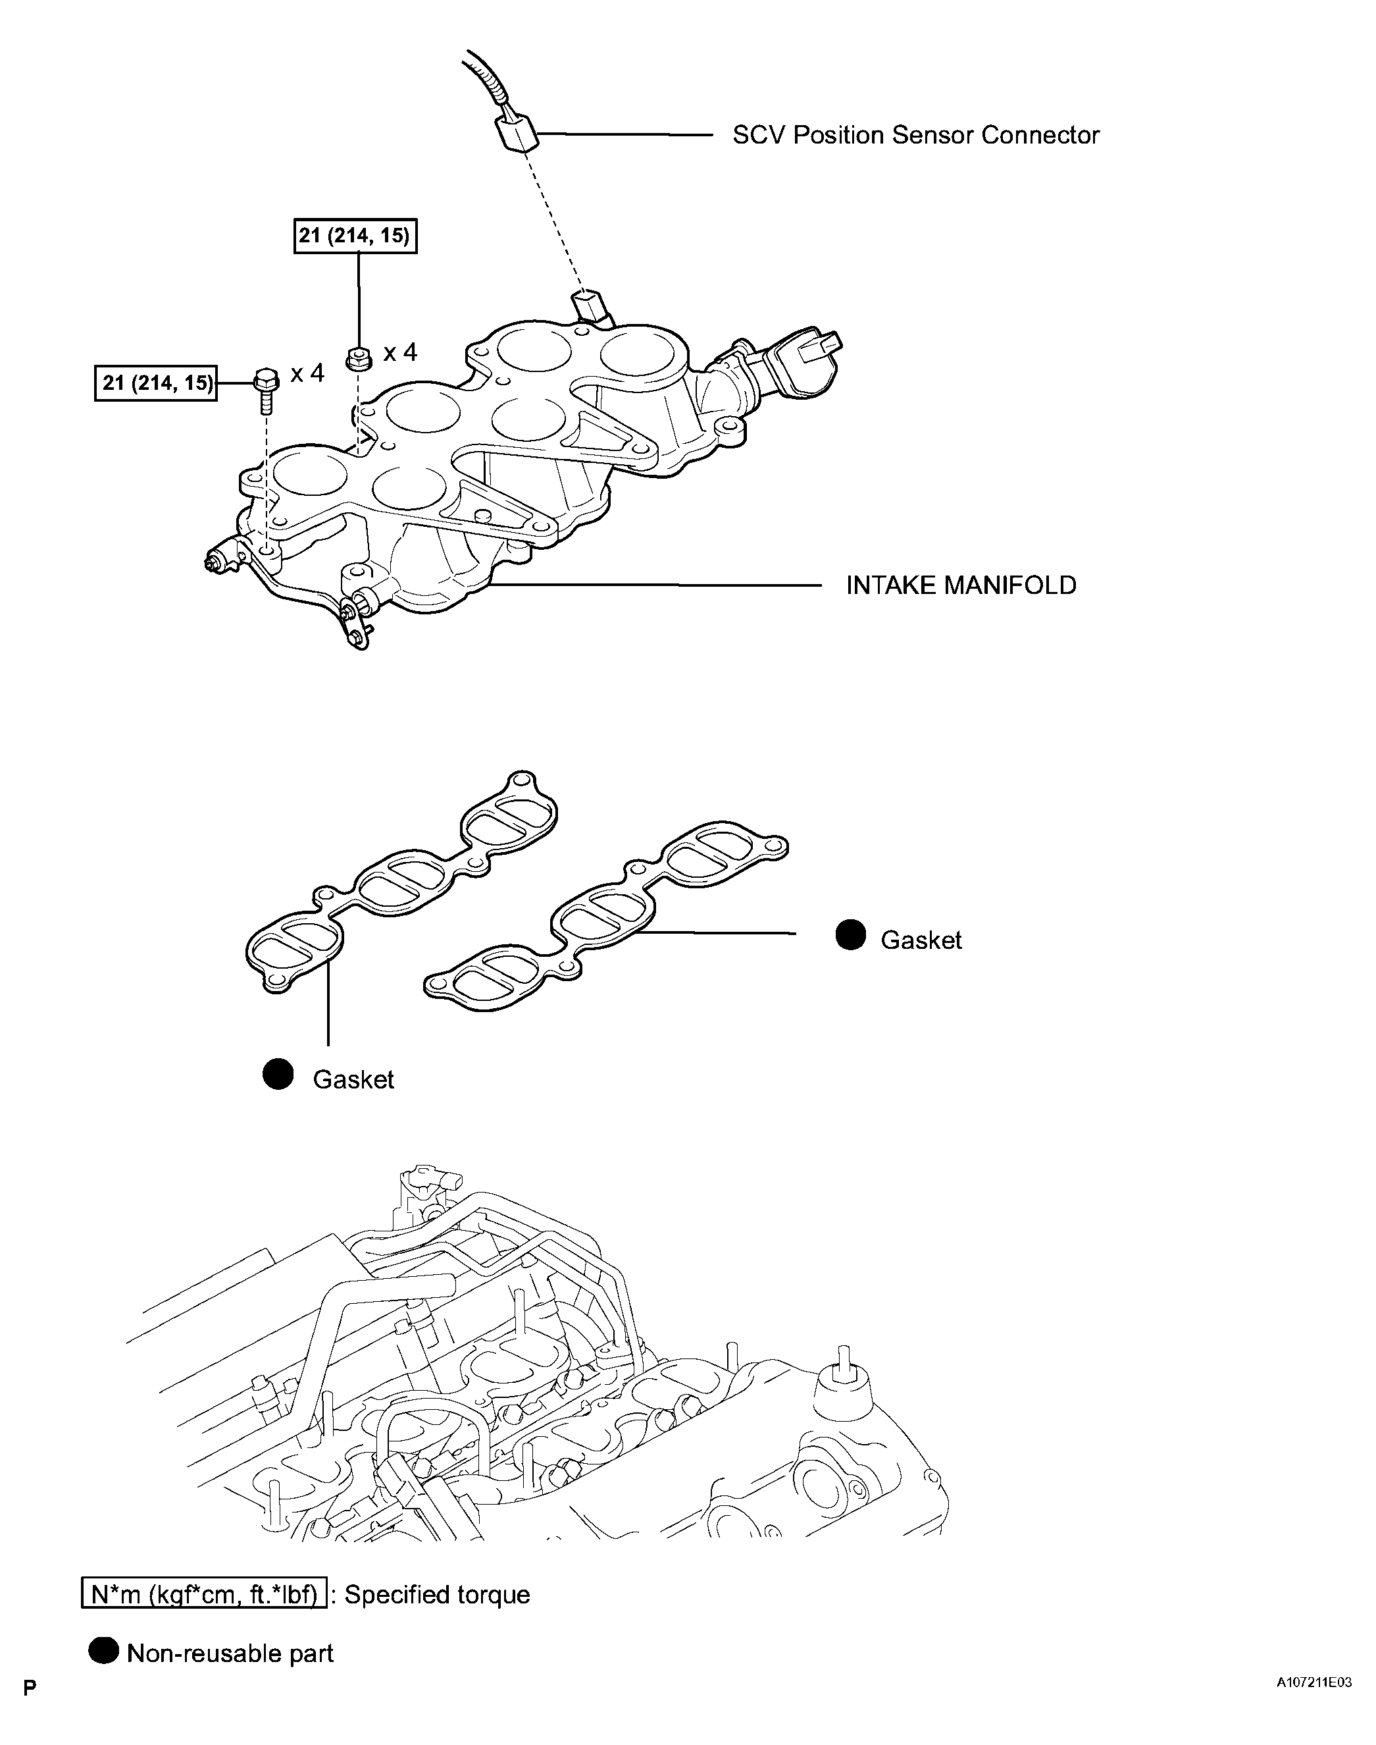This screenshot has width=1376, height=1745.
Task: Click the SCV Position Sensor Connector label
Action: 915,136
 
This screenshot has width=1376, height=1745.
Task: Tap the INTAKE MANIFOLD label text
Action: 960,585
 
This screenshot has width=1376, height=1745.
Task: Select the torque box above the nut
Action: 355,236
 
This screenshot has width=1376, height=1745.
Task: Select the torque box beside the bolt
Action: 155,383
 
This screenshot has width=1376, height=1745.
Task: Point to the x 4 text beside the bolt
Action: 307,373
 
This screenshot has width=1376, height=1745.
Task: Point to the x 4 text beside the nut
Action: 399,353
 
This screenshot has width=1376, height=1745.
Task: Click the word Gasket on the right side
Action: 921,940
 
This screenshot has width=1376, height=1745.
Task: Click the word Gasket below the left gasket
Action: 353,1080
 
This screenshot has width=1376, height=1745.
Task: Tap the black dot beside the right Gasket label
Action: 850,935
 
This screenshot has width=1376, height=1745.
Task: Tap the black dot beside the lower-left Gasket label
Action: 279,1075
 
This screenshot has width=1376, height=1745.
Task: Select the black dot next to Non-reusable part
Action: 103,1652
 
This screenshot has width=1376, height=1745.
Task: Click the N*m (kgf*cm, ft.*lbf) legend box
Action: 204,1594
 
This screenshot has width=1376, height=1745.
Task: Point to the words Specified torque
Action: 438,1595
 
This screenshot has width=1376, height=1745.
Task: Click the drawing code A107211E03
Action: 1313,1682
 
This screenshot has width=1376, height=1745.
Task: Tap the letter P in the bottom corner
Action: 30,1687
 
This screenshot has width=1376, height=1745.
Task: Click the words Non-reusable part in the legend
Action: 230,1654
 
